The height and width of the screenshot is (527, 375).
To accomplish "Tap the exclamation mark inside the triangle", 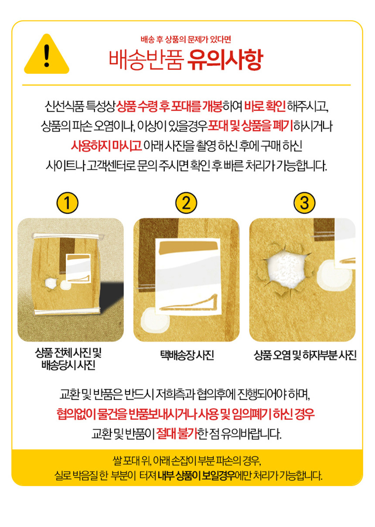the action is point(47,55).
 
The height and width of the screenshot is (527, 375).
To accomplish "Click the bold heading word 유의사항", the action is point(225,60).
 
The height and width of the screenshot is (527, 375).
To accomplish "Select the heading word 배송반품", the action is point(146,60).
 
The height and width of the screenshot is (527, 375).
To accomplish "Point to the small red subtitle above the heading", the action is point(186,40).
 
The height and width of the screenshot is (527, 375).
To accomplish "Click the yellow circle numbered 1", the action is point(68,203).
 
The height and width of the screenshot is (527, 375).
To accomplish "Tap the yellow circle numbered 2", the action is point(186,203).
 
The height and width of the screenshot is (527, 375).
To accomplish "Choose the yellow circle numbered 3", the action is point(304,203).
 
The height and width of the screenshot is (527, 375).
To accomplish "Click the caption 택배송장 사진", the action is point(187,356).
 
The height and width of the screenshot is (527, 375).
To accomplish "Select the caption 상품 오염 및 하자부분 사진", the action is point(305,356).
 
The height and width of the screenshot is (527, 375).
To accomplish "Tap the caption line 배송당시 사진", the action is point(68,366).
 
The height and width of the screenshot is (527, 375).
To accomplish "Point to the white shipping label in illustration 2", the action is point(187,277).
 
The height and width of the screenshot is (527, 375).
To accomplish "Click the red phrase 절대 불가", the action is point(177,433).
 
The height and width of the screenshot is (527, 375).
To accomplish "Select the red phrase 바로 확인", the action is point(265,106).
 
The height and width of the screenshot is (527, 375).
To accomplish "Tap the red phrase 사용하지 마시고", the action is point(106,146).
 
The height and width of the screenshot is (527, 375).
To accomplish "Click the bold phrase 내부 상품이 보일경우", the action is point(197,476).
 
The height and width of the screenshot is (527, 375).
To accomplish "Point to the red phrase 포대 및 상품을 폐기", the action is point(250,126).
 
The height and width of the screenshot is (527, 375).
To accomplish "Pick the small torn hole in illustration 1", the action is point(50,283).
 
